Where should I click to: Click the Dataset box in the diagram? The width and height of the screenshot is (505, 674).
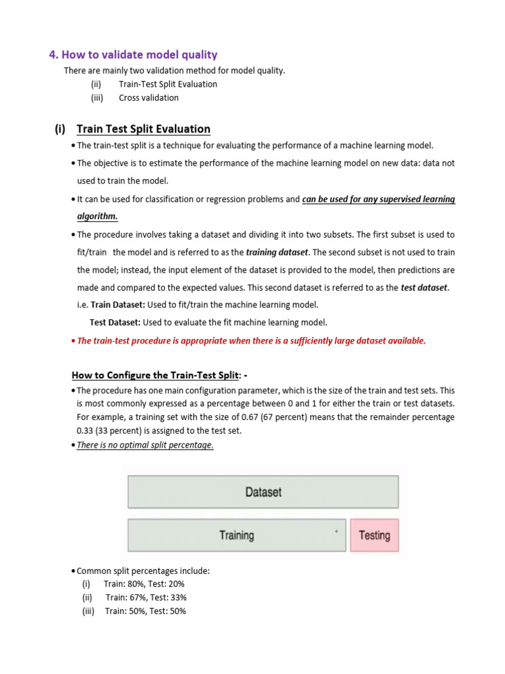pos(263,492)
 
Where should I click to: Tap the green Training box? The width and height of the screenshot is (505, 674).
pos(237,535)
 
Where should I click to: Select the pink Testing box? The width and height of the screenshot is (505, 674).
pos(374,535)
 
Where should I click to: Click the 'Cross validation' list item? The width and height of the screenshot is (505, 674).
pos(149,97)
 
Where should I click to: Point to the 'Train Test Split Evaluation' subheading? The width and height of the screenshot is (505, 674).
pos(143,129)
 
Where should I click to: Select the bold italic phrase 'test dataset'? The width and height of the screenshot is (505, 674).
pos(424,288)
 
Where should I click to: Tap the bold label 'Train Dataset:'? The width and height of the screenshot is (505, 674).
pos(118,305)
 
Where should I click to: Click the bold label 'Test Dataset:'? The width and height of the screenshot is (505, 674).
pos(115,323)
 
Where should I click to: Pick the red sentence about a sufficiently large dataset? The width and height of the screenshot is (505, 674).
pos(251,340)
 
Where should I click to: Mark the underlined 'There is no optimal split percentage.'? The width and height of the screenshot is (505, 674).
pos(145,445)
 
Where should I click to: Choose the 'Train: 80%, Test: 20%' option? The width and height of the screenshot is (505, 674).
pos(144,584)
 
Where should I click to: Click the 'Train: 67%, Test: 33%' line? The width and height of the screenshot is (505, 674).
pos(146,598)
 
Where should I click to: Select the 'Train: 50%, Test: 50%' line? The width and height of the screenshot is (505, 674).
pos(145,611)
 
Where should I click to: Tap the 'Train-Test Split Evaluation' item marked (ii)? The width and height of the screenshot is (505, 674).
pos(168,84)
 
